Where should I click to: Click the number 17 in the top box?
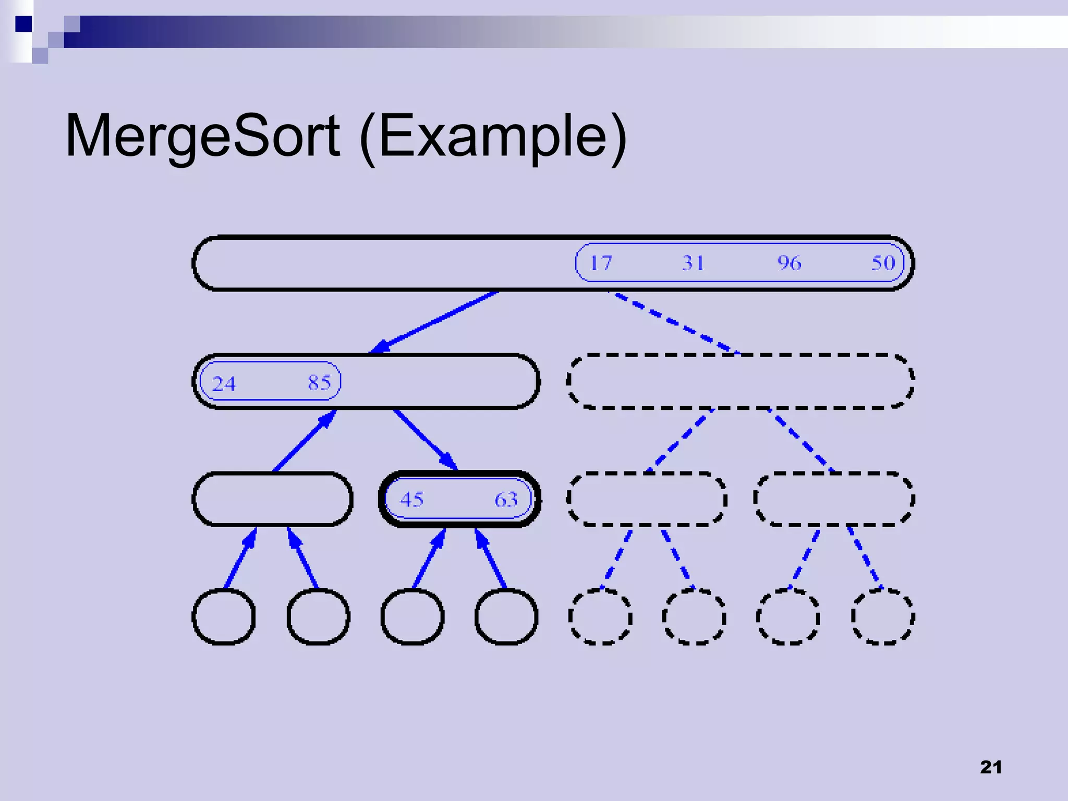[601, 263]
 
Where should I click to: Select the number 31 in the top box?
[693, 263]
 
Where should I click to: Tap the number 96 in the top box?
[789, 263]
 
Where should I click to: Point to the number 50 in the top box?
[883, 263]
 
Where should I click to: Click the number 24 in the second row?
[224, 384]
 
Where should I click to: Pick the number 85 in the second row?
[319, 383]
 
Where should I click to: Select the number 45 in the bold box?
[412, 500]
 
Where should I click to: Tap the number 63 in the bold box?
[506, 500]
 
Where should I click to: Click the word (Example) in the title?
[493, 137]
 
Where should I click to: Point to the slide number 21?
[991, 767]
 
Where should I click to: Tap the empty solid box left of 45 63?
[272, 499]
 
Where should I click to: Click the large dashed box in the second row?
[741, 382]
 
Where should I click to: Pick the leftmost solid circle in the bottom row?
[224, 617]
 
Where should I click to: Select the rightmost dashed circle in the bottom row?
[883, 617]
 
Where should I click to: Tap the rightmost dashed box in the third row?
[834, 499]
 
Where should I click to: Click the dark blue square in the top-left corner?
[23, 24]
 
